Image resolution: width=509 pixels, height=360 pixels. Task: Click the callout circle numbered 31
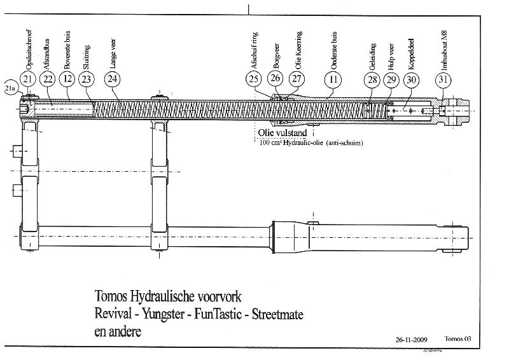443,79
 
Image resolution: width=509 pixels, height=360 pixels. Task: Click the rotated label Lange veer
113,54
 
